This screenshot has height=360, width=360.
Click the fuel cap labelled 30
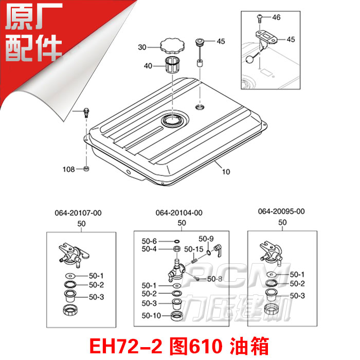[x=173, y=47]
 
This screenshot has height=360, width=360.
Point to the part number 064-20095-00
[x=281, y=211]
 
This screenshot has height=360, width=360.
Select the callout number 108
[x=69, y=169]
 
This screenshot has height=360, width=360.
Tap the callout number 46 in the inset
[x=276, y=17]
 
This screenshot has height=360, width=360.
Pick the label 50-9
[x=206, y=239]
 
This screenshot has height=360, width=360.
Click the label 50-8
[x=214, y=279]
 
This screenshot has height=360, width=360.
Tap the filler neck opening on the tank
[x=171, y=121]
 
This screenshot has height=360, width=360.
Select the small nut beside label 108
[x=86, y=169]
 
